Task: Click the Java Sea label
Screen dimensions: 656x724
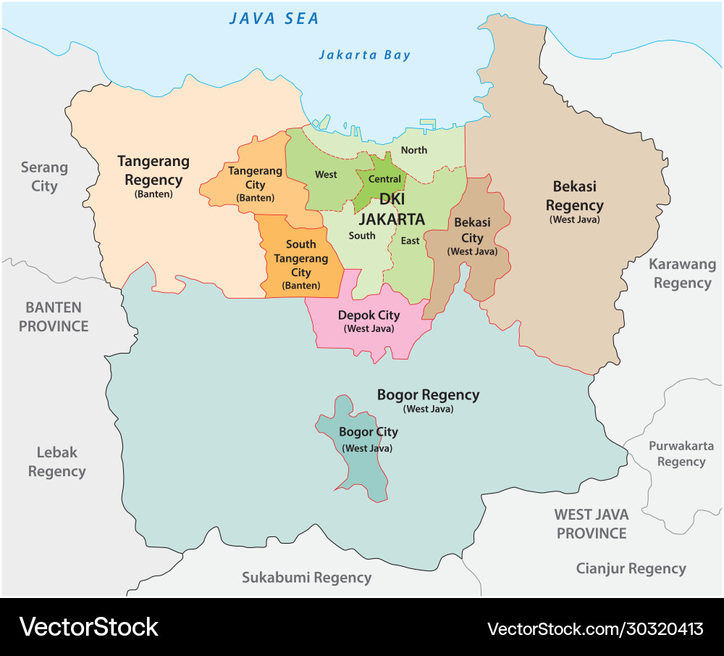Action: click(x=274, y=19)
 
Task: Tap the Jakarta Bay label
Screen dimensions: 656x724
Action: click(x=365, y=55)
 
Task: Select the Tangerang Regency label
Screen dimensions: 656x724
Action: click(x=153, y=170)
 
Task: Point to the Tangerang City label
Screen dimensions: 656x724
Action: click(x=255, y=178)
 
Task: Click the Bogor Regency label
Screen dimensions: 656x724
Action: click(x=428, y=395)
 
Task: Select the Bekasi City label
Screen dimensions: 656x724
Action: click(x=472, y=230)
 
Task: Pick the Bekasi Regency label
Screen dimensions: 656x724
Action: click(x=574, y=196)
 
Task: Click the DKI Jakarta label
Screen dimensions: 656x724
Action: click(x=392, y=209)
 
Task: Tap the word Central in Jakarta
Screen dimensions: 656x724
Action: click(x=384, y=179)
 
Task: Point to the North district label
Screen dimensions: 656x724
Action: click(x=414, y=150)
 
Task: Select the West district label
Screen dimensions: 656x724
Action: click(x=326, y=175)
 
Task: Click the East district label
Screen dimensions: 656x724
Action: click(x=411, y=241)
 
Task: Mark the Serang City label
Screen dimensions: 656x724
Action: click(x=44, y=177)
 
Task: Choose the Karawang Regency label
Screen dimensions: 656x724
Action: click(x=682, y=273)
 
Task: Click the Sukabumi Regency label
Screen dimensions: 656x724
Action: click(x=306, y=578)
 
